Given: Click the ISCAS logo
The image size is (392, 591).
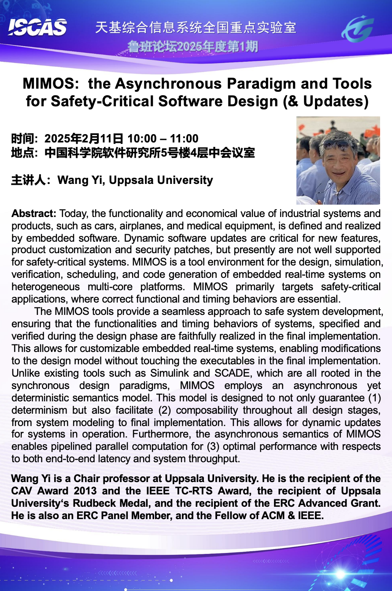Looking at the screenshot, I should pos(37,27).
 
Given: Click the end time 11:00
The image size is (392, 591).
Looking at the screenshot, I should pos(184,139).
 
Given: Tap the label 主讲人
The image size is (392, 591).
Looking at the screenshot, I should pos(28,180).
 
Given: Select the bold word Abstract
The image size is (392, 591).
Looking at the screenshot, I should pos(33,214).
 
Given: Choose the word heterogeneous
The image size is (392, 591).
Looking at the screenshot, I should pos(42,287).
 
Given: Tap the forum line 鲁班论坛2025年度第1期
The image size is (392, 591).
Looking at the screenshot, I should pos(192,46).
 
